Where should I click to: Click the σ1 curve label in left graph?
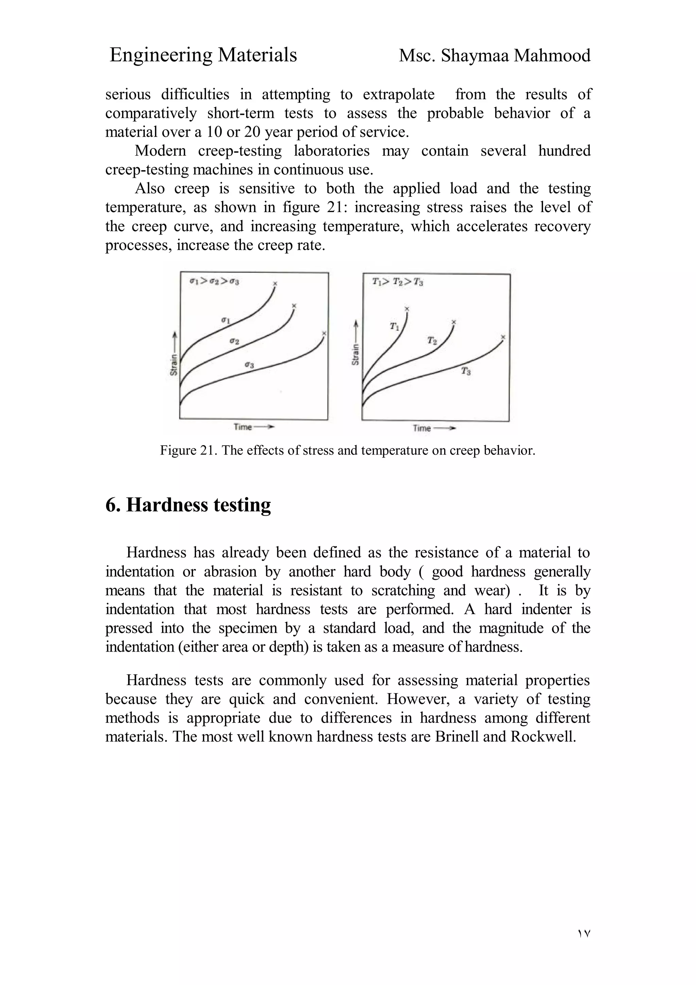(x=226, y=321)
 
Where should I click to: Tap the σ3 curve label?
(x=249, y=365)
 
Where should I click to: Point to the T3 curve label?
(x=466, y=371)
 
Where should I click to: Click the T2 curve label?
(x=432, y=341)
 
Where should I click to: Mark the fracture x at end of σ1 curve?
(x=275, y=283)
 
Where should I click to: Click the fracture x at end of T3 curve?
(x=503, y=337)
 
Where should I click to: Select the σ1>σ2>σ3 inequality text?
(x=214, y=282)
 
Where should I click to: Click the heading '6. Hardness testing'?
(x=188, y=505)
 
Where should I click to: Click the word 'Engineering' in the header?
(x=160, y=56)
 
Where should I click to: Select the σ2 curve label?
(x=234, y=341)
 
